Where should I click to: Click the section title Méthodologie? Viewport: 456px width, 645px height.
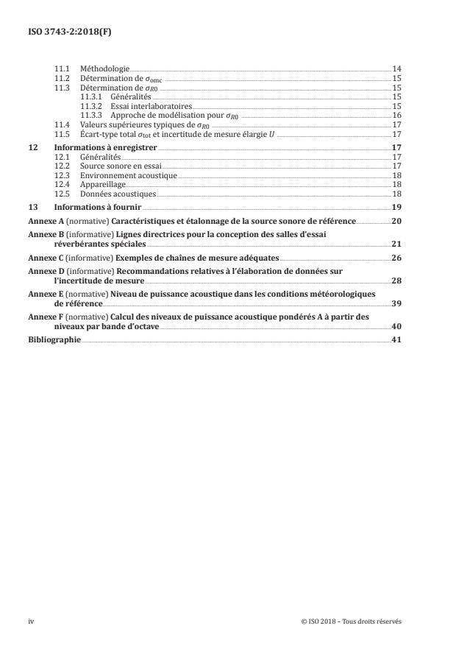tap(104, 68)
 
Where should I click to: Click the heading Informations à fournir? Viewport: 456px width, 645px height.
tap(93, 208)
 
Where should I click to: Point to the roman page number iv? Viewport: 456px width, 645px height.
tap(31, 621)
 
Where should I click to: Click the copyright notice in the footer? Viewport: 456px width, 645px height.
tap(352, 621)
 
